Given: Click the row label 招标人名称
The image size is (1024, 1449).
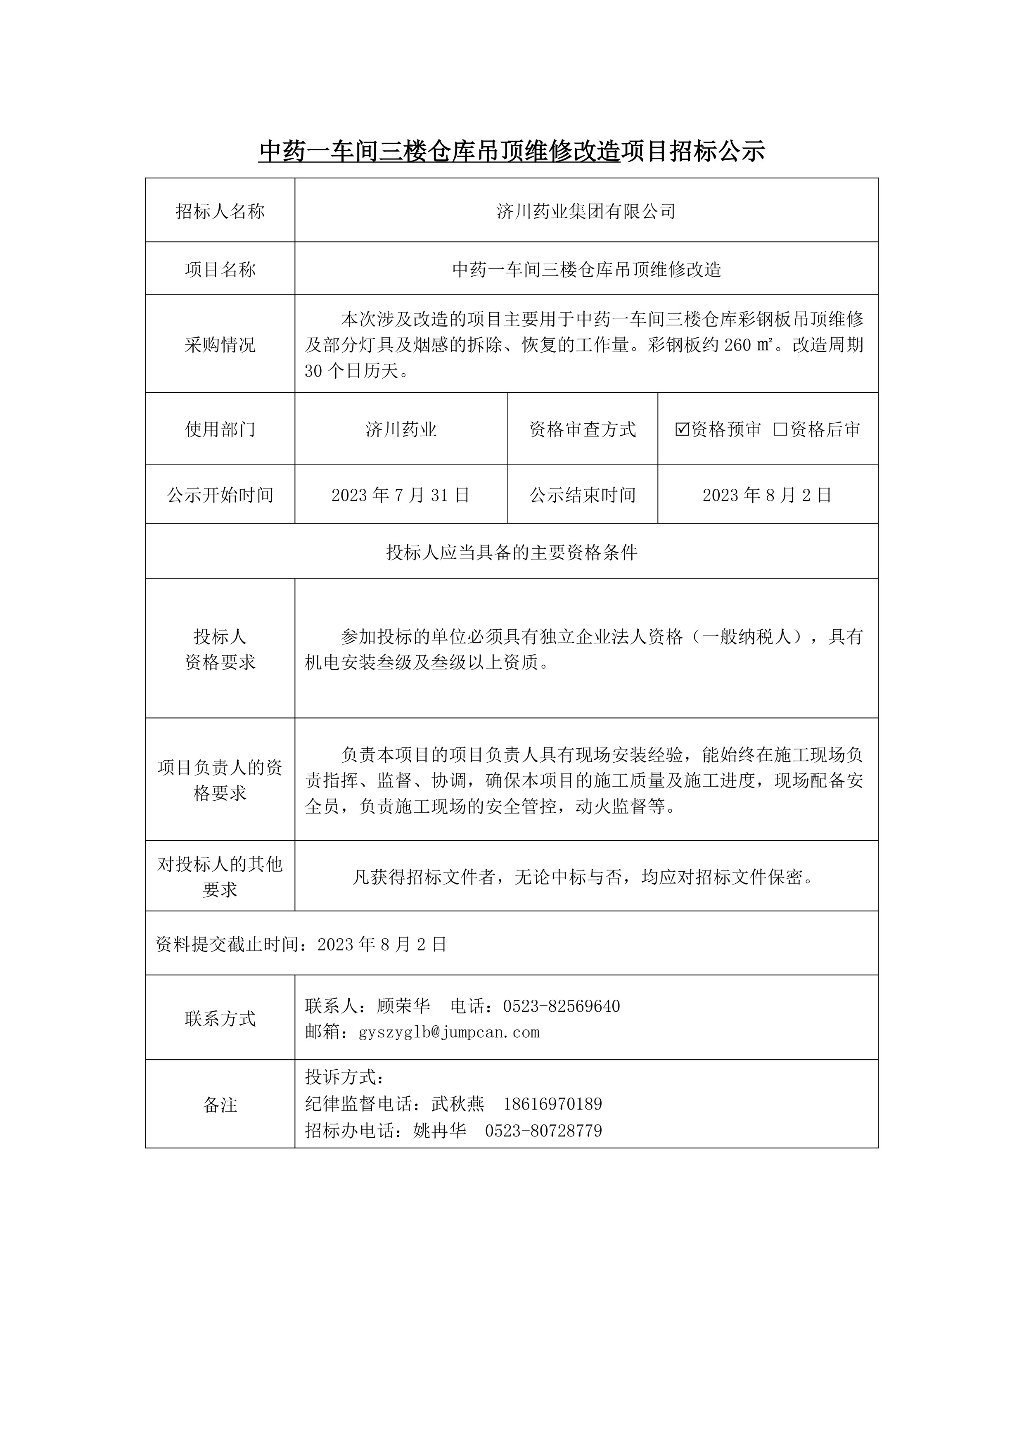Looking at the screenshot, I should coord(220,211).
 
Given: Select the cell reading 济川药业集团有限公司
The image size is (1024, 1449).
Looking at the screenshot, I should coord(586,211).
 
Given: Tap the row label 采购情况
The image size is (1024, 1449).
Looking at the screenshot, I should coord(220,344).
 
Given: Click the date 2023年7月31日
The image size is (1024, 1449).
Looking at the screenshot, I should coord(401,496).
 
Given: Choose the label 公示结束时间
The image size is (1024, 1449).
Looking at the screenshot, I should coord(582,496).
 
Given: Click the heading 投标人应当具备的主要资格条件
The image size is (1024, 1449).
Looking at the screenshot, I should coord(512,553).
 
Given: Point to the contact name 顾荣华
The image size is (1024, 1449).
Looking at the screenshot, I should coord(404,1006).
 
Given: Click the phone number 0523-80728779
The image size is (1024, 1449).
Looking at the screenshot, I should coord(544,1130).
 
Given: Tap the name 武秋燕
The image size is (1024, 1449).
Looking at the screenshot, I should coord(458,1104).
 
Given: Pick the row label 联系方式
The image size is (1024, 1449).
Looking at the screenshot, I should coord(220,1019).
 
